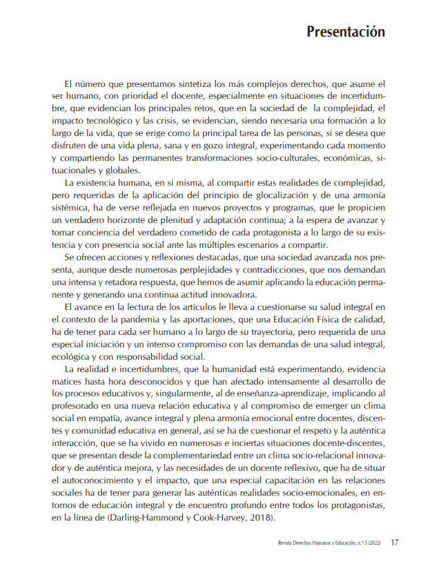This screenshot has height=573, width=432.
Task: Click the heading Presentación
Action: pos(345,32)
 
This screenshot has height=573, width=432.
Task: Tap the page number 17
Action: pos(394,543)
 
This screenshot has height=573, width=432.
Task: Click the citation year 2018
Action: pos(260,518)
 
